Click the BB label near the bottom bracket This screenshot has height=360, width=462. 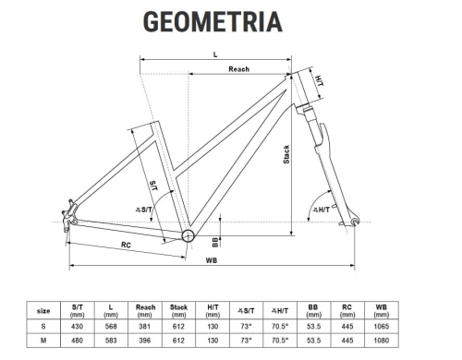click(x=214, y=242)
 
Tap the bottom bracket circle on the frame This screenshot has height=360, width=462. click(x=188, y=236)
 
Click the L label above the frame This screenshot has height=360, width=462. click(x=214, y=54)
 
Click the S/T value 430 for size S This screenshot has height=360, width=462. click(x=78, y=326)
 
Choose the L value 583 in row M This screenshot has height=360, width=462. click(x=111, y=341)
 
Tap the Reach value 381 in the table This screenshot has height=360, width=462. click(x=145, y=326)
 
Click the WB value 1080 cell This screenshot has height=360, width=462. click(x=381, y=341)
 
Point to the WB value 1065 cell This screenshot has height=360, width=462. click(x=381, y=326)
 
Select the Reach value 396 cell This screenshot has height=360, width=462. click(x=145, y=341)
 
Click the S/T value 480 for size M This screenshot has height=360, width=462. click(x=78, y=341)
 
